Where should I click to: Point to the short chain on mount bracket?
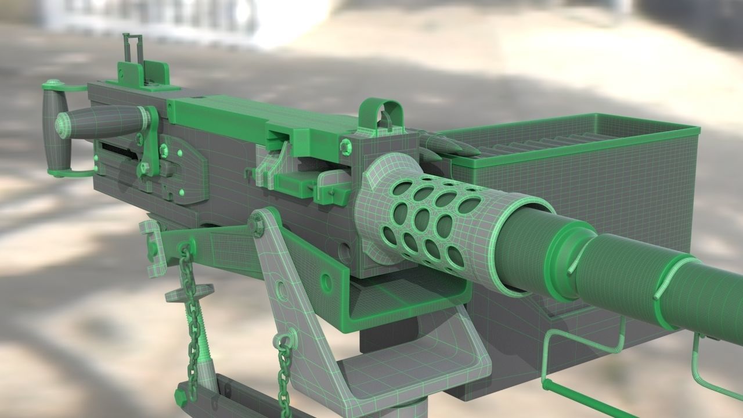point(284,372)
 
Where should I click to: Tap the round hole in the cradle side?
point(326,283)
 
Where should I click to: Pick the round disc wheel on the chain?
point(189,293)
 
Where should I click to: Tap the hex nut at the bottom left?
point(181,396)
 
